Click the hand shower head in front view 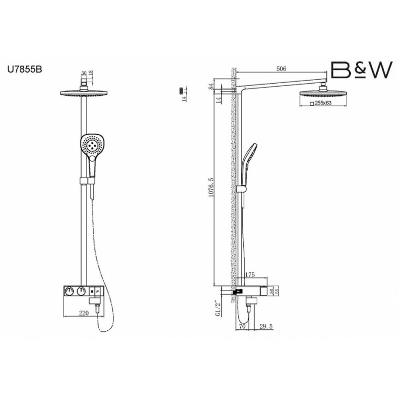pos(91,145)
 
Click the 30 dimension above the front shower pos(85,72)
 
